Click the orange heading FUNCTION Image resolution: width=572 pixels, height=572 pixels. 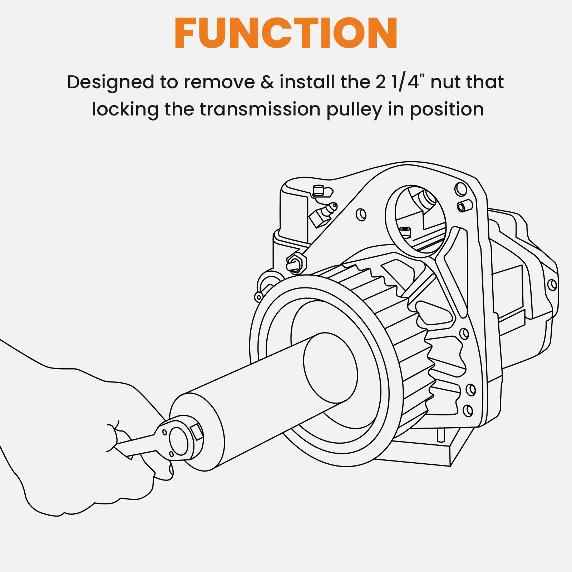286,33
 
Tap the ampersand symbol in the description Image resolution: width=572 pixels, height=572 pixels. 267,82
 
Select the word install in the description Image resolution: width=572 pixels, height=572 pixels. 307,82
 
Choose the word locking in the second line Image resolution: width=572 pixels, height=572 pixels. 125,110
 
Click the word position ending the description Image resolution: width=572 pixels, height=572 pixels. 447,110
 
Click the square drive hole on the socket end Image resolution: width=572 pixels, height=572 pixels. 197,432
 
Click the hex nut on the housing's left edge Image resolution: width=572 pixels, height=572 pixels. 296,263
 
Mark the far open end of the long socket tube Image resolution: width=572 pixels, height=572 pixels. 330,368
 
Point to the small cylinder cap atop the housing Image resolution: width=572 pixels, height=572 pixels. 318,191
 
